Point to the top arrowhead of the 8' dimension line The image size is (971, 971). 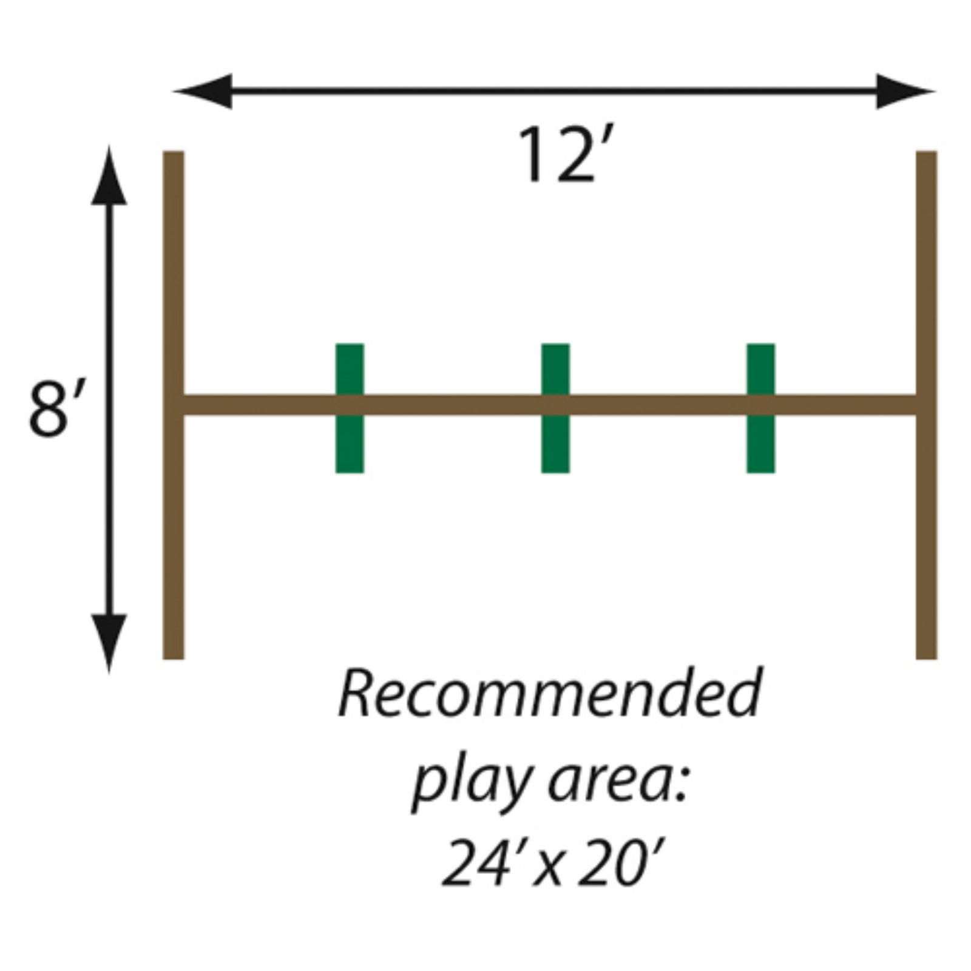click(x=109, y=179)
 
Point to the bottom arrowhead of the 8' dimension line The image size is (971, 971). click(x=109, y=640)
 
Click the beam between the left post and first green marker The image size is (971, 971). click(x=258, y=405)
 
